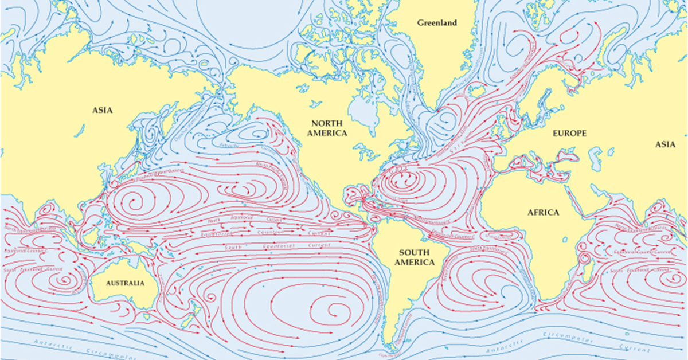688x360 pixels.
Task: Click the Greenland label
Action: click(437, 23)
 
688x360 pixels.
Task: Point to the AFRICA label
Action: click(542, 212)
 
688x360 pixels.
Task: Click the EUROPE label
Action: click(569, 133)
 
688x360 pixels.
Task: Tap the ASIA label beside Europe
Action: click(665, 144)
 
